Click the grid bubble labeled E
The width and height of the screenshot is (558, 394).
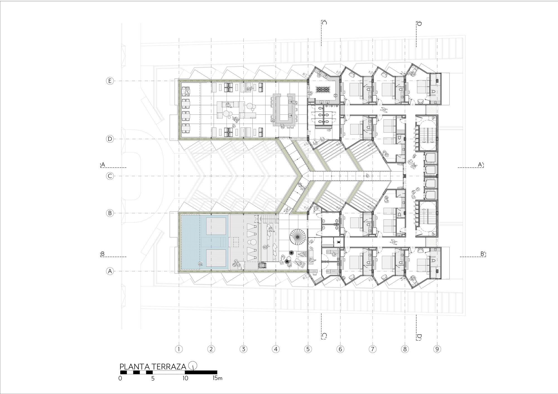tap(110, 81)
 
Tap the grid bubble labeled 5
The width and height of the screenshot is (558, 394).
tap(308, 349)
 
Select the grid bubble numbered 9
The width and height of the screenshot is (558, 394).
tap(437, 349)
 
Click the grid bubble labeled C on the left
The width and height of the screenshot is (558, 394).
tap(110, 176)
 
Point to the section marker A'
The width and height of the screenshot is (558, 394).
tap(480, 165)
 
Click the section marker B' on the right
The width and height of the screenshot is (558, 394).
tap(483, 254)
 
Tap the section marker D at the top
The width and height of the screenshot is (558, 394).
tap(419, 24)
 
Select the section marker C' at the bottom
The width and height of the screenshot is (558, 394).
tap(324, 336)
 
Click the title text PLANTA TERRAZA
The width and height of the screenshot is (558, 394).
tap(153, 366)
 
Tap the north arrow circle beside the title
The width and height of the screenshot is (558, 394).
tap(193, 365)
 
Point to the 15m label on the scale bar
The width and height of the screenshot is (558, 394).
tap(217, 378)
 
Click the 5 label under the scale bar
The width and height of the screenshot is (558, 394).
tap(153, 379)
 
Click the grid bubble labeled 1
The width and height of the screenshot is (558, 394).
tap(179, 349)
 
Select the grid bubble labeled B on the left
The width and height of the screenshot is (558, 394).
tap(110, 213)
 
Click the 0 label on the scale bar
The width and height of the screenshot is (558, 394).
tap(120, 379)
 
